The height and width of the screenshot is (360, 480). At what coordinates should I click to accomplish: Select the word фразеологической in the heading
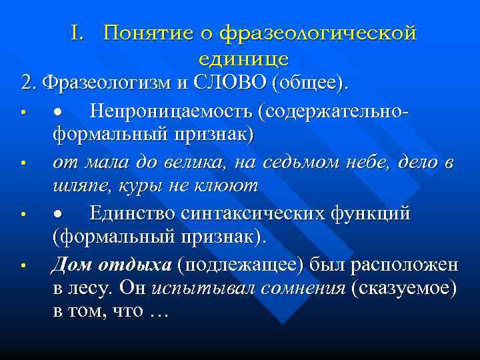pos(318,32)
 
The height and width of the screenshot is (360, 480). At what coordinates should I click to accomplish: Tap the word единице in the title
pos(243,59)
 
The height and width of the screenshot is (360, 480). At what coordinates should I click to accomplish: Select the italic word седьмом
pos(316,161)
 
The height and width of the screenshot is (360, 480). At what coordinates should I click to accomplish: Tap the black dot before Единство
pos(58,214)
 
